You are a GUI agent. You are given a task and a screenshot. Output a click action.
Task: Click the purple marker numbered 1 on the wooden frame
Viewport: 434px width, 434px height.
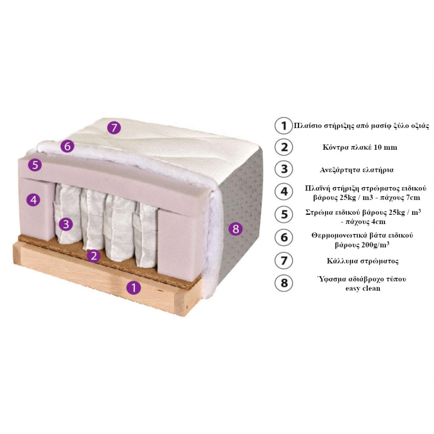coord(134,288)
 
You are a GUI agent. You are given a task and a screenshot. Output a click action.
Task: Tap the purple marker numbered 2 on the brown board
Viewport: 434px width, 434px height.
coord(94,256)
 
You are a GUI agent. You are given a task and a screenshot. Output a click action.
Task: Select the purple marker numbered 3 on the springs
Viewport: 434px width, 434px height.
coord(66,224)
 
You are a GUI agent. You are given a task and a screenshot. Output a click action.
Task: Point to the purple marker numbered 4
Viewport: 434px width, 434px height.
coord(33,200)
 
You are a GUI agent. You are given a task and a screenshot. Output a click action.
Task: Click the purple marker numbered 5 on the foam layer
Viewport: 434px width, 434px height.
coord(35,165)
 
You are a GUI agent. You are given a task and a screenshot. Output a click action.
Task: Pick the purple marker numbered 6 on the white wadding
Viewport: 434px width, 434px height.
coord(67,146)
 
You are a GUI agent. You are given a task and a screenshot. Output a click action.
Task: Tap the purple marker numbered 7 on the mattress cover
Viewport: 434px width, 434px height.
coord(114,128)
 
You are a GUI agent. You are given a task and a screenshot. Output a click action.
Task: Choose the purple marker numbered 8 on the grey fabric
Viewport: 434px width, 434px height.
coord(236,229)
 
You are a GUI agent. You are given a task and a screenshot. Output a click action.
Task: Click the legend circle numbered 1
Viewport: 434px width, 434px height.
coord(283,126)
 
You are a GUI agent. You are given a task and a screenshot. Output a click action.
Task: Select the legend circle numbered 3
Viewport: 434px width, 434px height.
coord(284,169)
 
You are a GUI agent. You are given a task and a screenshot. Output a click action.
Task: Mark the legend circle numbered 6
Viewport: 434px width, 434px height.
coord(284,237)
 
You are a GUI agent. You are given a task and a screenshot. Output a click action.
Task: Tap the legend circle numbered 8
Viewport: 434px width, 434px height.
coord(284,283)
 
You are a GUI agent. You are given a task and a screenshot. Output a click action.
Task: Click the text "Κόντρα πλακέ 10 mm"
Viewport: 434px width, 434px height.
coord(360,147)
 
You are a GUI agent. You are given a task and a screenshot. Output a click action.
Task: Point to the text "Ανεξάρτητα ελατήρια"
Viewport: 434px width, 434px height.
coord(356,170)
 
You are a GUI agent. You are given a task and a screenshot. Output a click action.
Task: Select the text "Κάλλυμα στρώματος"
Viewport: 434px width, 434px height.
coord(362,261)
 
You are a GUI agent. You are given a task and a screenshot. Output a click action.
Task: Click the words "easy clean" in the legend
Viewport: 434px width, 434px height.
coord(362,289)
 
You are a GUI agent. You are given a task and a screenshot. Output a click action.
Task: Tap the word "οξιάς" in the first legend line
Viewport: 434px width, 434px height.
coord(419,126)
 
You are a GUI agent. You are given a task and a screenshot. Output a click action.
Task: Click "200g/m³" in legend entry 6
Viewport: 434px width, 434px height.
coord(375,245)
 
